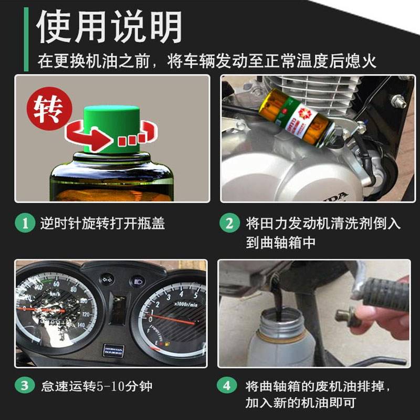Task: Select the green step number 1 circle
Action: [x=24, y=224]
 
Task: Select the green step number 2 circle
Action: [x=229, y=224]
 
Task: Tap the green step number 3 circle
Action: [x=24, y=386]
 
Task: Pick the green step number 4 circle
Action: [x=227, y=386]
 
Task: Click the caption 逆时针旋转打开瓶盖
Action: [x=103, y=224]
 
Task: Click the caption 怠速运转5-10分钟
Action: [x=97, y=386]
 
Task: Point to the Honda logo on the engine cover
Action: [x=331, y=195]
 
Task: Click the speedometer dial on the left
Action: [x=52, y=310]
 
